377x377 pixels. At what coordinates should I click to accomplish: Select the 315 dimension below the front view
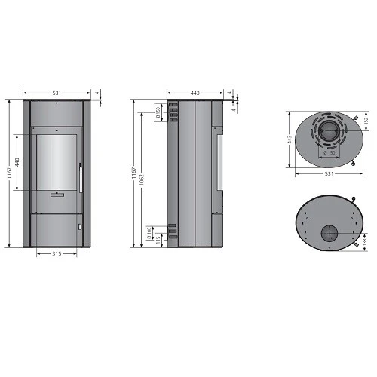[x=57, y=254]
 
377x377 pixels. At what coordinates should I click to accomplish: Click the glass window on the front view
[x=57, y=162]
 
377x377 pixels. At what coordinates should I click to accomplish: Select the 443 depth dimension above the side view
[x=195, y=93]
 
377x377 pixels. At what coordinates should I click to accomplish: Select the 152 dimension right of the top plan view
[x=366, y=119]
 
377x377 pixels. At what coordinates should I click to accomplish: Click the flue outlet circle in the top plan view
[x=328, y=133]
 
